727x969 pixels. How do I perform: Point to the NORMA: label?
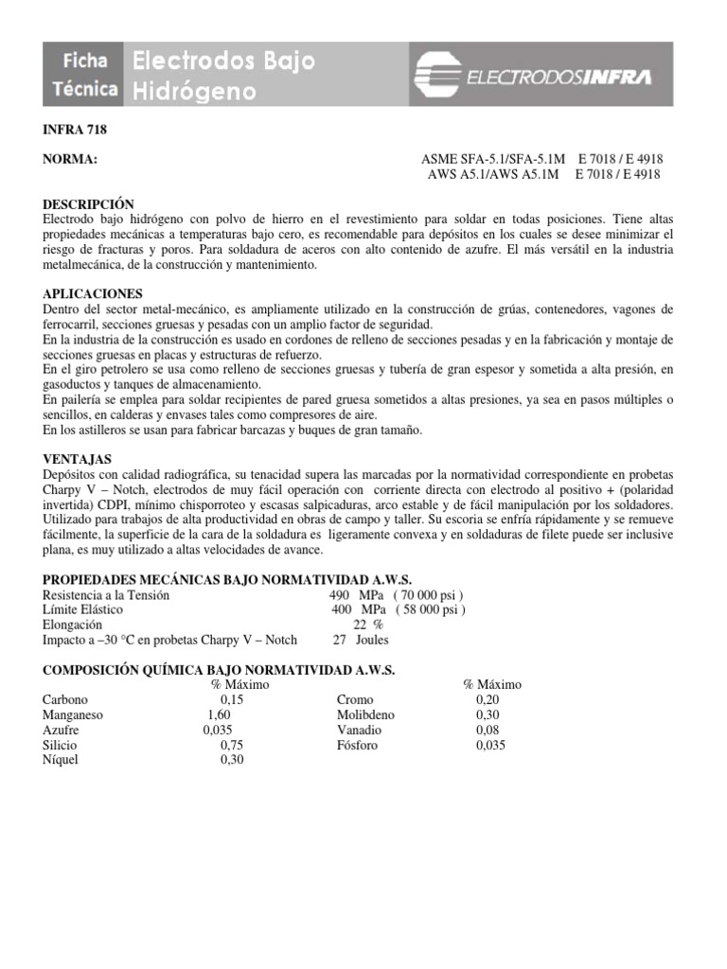(71, 160)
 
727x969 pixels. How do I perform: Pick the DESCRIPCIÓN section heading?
(89, 204)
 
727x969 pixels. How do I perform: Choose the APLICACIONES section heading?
(93, 294)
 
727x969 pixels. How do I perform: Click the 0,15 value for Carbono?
(232, 699)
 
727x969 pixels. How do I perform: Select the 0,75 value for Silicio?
(232, 745)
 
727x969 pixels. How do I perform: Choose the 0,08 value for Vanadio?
(488, 730)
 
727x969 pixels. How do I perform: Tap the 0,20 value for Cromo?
(488, 699)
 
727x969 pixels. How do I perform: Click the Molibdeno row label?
(365, 714)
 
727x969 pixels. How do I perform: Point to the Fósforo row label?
(357, 745)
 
